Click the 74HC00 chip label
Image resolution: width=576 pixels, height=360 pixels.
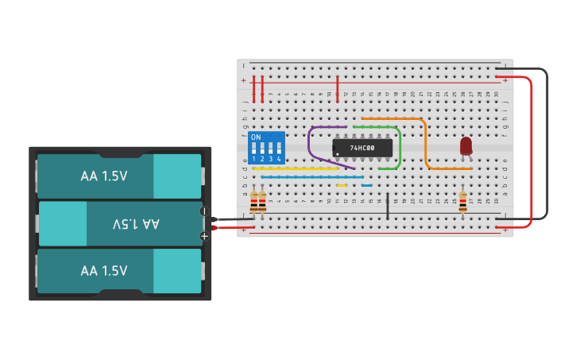(362, 148)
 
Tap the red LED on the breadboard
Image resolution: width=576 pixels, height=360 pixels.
(466, 145)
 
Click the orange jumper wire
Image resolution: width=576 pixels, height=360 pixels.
(425, 143)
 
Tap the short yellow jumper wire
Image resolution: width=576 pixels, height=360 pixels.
(342, 185)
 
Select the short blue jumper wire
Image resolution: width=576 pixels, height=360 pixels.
(366, 185)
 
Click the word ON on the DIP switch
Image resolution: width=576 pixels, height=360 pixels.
(255, 137)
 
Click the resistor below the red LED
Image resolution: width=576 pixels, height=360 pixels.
(462, 203)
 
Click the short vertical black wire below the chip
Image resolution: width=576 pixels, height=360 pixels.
(388, 205)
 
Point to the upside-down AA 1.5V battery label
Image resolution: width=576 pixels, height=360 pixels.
(131, 224)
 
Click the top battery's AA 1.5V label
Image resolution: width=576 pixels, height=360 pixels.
(104, 176)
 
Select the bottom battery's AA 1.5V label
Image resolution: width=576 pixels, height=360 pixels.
(104, 271)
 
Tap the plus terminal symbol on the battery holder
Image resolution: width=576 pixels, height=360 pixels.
(204, 236)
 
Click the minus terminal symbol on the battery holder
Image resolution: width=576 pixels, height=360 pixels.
(204, 211)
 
